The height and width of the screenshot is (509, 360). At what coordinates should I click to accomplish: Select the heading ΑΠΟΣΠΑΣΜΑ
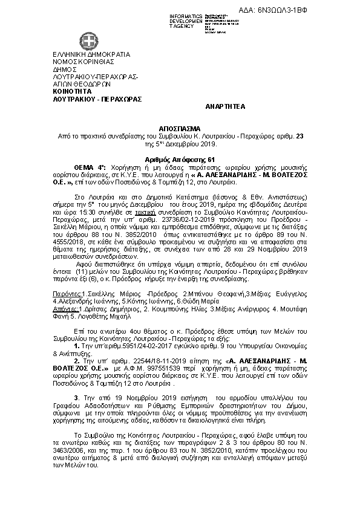click(180, 129)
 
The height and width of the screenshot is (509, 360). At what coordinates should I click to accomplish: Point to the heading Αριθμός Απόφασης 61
click(180, 156)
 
